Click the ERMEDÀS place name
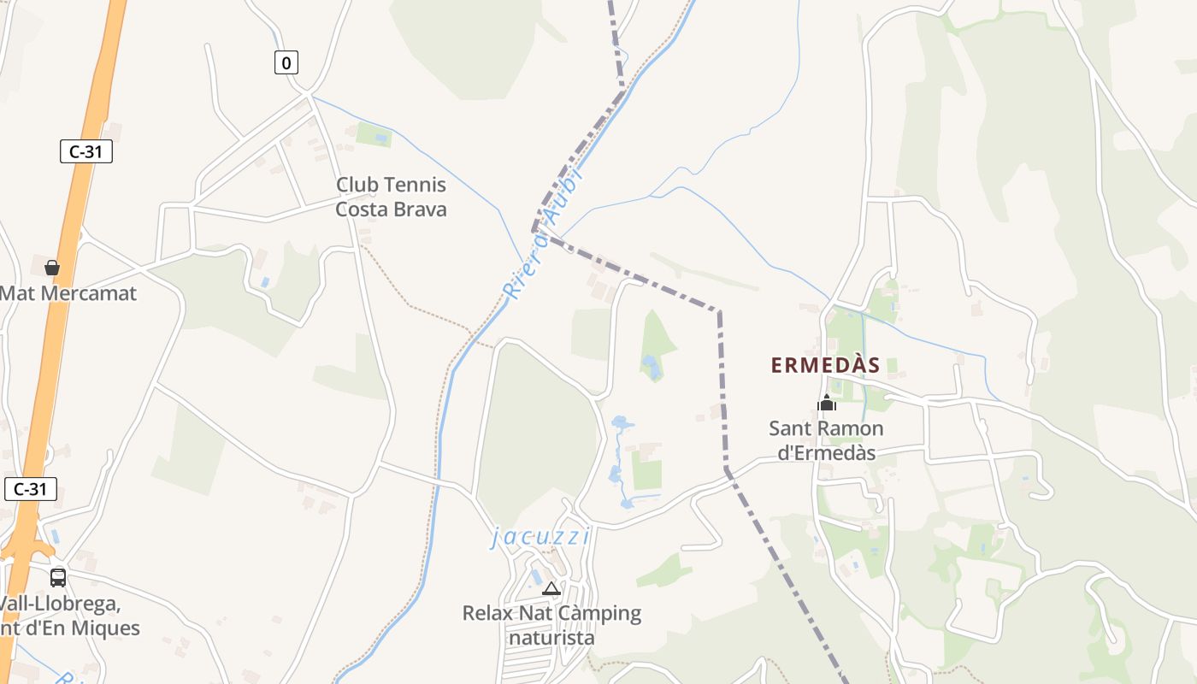pos(825,365)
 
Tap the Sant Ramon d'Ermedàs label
pos(826,440)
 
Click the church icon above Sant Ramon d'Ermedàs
pos(826,403)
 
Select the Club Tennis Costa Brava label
pos(391,197)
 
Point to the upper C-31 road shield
pos(86,151)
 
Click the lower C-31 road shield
pos(31,489)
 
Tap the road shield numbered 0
pos(286,62)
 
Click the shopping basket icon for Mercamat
pos(52,268)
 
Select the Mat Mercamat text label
pos(68,293)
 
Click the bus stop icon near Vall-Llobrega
pos(57,577)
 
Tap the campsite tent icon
pos(551,588)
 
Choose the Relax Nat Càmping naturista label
pos(551,625)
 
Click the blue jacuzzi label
pos(540,537)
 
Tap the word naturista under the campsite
pos(551,638)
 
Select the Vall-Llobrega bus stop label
pos(68,616)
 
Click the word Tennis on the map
pos(416,185)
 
